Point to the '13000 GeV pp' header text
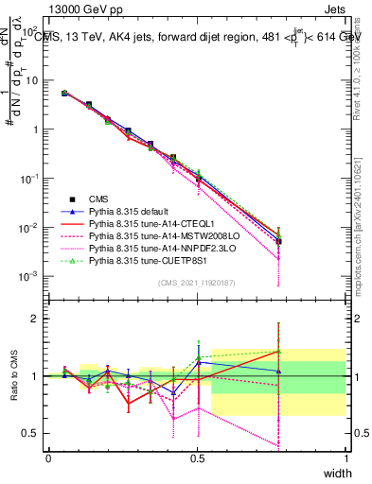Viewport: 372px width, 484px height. [x=78, y=9]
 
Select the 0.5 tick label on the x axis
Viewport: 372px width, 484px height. [x=197, y=458]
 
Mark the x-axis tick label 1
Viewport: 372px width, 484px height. [x=345, y=458]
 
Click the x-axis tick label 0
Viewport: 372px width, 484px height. [x=48, y=458]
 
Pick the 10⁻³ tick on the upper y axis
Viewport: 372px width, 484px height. [x=30, y=276]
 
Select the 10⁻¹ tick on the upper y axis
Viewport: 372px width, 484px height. [x=30, y=178]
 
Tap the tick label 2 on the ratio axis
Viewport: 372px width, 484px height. [x=35, y=319]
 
